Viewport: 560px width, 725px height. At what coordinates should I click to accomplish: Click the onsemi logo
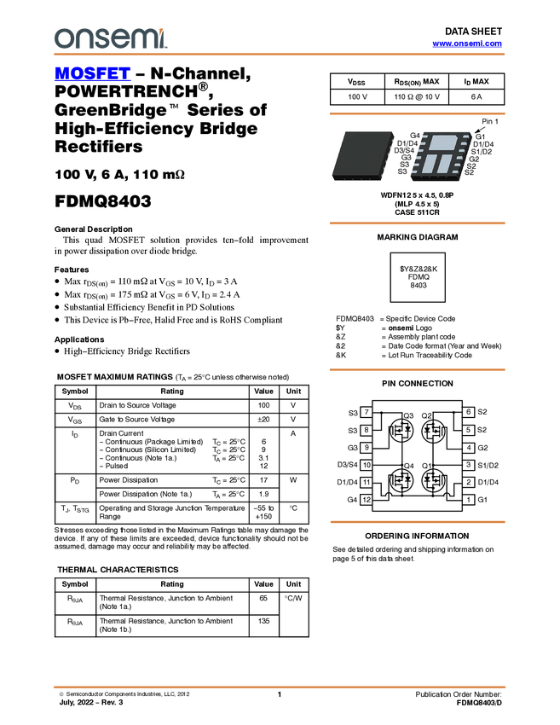[x=110, y=38]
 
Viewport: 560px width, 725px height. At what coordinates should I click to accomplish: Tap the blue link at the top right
[x=467, y=43]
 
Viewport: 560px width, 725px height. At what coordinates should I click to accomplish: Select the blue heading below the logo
[x=92, y=74]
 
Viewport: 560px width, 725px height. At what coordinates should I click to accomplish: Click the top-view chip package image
[x=363, y=155]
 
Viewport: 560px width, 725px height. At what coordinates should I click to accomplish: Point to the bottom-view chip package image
[x=442, y=155]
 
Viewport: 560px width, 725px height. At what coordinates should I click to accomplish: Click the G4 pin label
[x=414, y=136]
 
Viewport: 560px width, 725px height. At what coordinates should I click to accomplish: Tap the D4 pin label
[x=414, y=143]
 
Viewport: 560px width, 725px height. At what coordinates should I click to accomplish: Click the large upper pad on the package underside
[x=443, y=142]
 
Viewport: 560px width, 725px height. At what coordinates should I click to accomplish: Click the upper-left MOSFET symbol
[x=401, y=432]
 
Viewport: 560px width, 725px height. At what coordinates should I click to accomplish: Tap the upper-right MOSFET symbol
[x=434, y=432]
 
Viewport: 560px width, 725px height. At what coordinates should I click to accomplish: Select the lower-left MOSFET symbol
[x=401, y=481]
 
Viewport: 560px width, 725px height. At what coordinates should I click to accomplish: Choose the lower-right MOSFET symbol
[x=434, y=481]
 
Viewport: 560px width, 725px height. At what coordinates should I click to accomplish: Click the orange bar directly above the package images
[x=417, y=113]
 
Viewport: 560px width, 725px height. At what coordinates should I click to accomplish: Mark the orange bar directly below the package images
[x=417, y=223]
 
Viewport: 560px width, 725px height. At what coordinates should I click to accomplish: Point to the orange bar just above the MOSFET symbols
[x=417, y=369]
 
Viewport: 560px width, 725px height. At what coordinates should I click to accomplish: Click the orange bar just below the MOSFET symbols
[x=417, y=521]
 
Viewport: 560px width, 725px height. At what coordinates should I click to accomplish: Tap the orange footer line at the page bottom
[x=280, y=687]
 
